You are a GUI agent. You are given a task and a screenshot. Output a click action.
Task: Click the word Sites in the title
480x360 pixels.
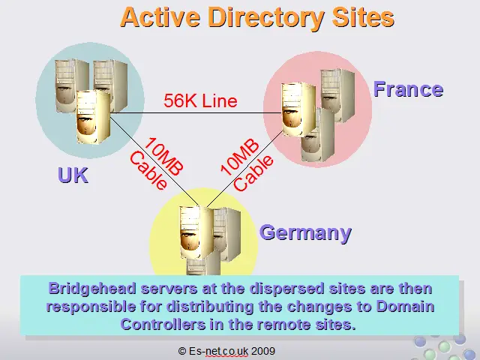[x=363, y=16]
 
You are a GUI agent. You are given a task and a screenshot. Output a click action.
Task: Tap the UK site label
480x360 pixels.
[x=73, y=175]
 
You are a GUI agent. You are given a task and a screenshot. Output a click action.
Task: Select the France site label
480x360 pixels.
[x=408, y=89]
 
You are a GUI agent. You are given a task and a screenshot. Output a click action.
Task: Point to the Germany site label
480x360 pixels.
[x=305, y=233]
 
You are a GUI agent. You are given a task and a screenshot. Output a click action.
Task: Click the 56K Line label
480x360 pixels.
[x=200, y=100]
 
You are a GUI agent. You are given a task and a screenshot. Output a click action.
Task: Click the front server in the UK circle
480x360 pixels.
[x=93, y=117]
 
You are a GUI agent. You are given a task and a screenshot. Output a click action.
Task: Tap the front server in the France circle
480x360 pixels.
[x=298, y=109]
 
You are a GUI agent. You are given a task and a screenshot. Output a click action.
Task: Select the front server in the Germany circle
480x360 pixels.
[x=196, y=232]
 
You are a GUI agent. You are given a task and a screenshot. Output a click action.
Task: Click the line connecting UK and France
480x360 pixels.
[x=196, y=113]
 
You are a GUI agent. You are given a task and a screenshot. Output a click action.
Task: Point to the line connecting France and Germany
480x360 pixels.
[x=244, y=169]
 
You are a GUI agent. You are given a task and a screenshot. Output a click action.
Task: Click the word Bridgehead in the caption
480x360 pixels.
[x=92, y=289]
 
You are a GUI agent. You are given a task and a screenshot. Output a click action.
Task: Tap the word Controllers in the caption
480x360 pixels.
[x=163, y=324]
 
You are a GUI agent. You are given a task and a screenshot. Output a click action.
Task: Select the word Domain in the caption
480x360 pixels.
[x=405, y=306]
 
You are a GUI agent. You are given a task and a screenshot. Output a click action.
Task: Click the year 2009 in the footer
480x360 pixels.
[x=263, y=350]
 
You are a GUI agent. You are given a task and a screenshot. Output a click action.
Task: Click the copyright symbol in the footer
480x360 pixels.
[x=182, y=351]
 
